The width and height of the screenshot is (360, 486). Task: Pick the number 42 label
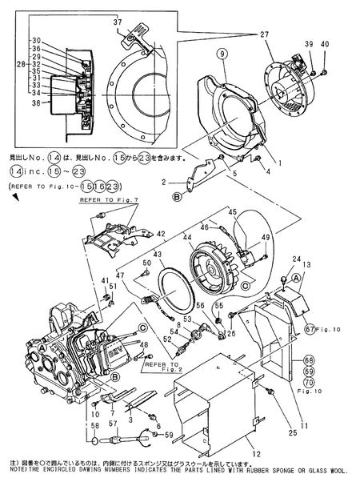point(160,234)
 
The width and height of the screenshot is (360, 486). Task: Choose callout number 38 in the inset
point(35,104)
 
